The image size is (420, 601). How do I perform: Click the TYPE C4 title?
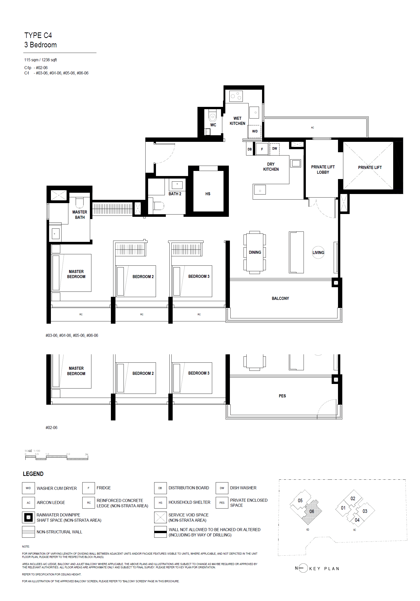coord(38,35)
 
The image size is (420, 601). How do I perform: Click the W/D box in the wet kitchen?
coord(255,131)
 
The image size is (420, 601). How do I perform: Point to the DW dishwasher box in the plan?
coord(274,149)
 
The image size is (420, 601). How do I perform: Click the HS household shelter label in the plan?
coord(208,194)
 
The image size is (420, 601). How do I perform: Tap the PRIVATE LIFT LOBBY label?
coord(322,169)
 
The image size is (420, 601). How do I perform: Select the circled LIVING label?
coord(318,252)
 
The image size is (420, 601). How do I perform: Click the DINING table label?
coord(255,252)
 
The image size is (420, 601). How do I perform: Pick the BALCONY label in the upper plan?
coord(280,298)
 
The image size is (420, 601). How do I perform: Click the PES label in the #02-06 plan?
coord(282,396)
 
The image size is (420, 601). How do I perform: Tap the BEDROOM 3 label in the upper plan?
coord(199,276)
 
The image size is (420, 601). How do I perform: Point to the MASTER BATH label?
coord(79,215)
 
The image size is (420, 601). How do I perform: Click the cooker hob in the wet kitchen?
coord(236,96)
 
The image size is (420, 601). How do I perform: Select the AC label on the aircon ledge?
coord(312,127)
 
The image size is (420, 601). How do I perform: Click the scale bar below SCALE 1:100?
coord(56,458)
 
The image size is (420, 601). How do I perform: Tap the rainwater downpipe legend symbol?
coord(28,517)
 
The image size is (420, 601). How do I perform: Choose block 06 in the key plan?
coord(311,511)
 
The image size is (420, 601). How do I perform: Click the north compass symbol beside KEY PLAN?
coord(303,568)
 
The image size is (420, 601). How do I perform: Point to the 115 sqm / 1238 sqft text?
coord(41,60)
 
